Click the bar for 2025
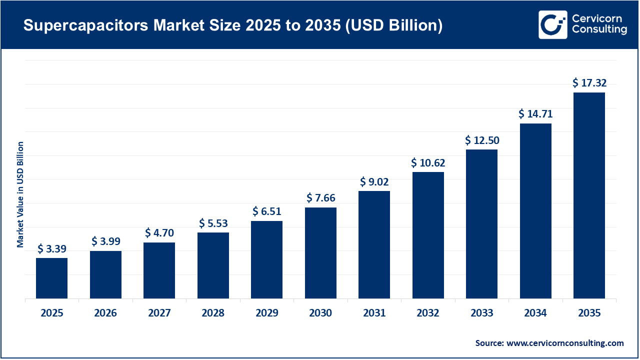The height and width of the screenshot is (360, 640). [x=51, y=278]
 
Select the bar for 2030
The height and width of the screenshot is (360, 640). [x=320, y=253]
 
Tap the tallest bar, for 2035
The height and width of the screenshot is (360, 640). [x=589, y=195]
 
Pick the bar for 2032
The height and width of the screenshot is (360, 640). [x=428, y=235]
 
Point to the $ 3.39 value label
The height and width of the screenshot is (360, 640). [x=51, y=248]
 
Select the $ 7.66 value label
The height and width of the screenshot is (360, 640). [x=320, y=198]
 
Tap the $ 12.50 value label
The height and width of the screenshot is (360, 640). [x=481, y=140]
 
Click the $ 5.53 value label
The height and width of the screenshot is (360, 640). [x=213, y=223]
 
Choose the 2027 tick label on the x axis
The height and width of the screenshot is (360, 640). [x=159, y=313]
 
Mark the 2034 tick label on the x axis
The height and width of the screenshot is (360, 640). [x=535, y=313]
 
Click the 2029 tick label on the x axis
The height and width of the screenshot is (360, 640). [x=266, y=313]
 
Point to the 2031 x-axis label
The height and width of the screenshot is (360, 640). [x=374, y=313]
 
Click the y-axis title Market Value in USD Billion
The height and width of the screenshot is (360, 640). [x=20, y=194]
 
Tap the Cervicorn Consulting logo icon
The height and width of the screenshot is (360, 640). [x=552, y=24]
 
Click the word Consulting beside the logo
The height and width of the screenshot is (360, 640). [x=599, y=30]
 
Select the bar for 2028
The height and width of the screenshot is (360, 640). [x=213, y=265]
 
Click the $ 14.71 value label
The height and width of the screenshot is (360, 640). [x=535, y=114]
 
